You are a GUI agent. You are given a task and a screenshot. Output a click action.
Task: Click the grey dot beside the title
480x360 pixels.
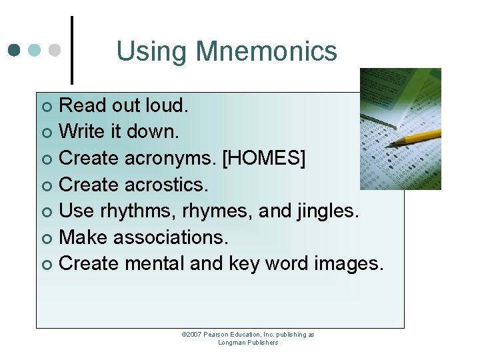pos(57,50)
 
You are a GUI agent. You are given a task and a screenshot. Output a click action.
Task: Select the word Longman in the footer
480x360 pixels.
pos(231,343)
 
